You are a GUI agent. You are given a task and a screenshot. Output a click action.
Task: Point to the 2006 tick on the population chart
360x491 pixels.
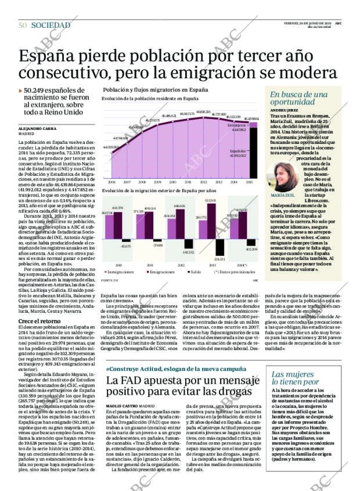click(111, 182)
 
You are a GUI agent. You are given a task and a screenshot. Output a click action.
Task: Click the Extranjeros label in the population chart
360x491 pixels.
click(236, 125)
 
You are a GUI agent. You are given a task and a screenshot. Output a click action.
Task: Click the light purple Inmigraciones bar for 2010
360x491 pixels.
click(109, 226)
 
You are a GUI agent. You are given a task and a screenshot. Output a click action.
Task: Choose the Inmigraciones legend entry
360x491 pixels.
click(120, 272)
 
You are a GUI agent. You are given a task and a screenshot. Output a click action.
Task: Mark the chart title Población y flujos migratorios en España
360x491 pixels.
click(155, 91)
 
